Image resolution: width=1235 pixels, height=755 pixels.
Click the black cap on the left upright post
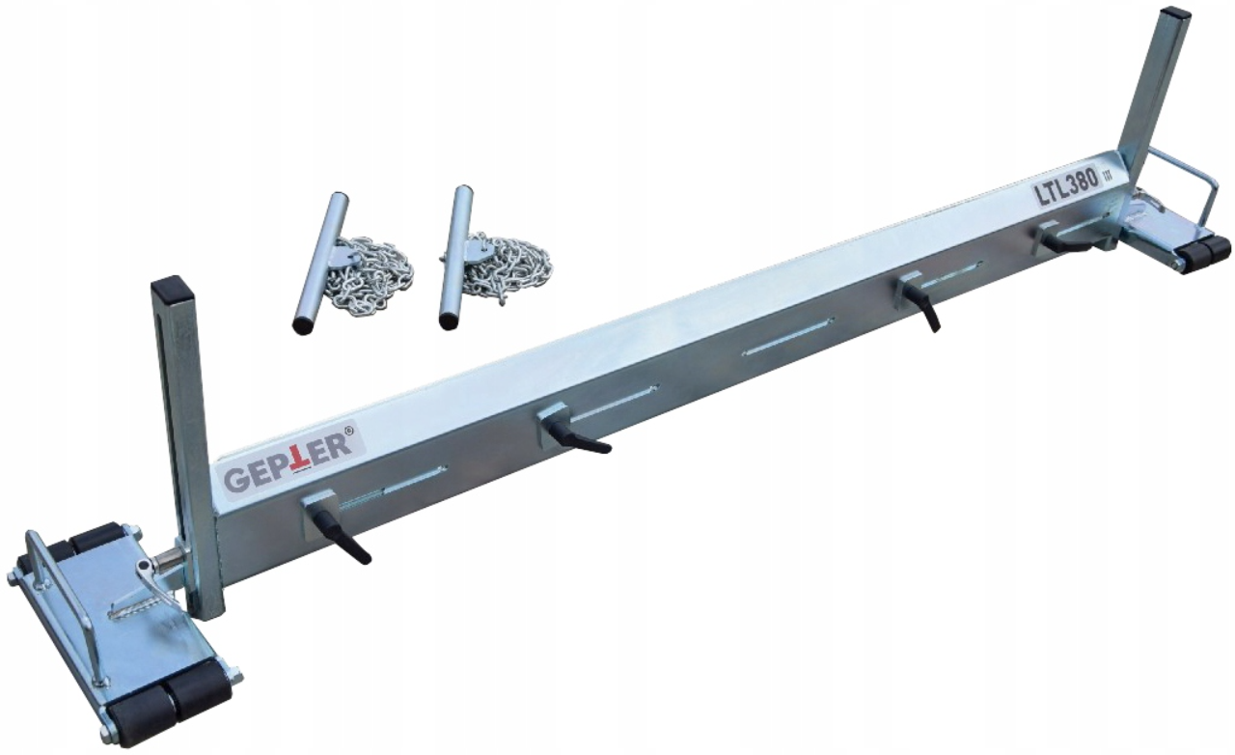tap(174, 292)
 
